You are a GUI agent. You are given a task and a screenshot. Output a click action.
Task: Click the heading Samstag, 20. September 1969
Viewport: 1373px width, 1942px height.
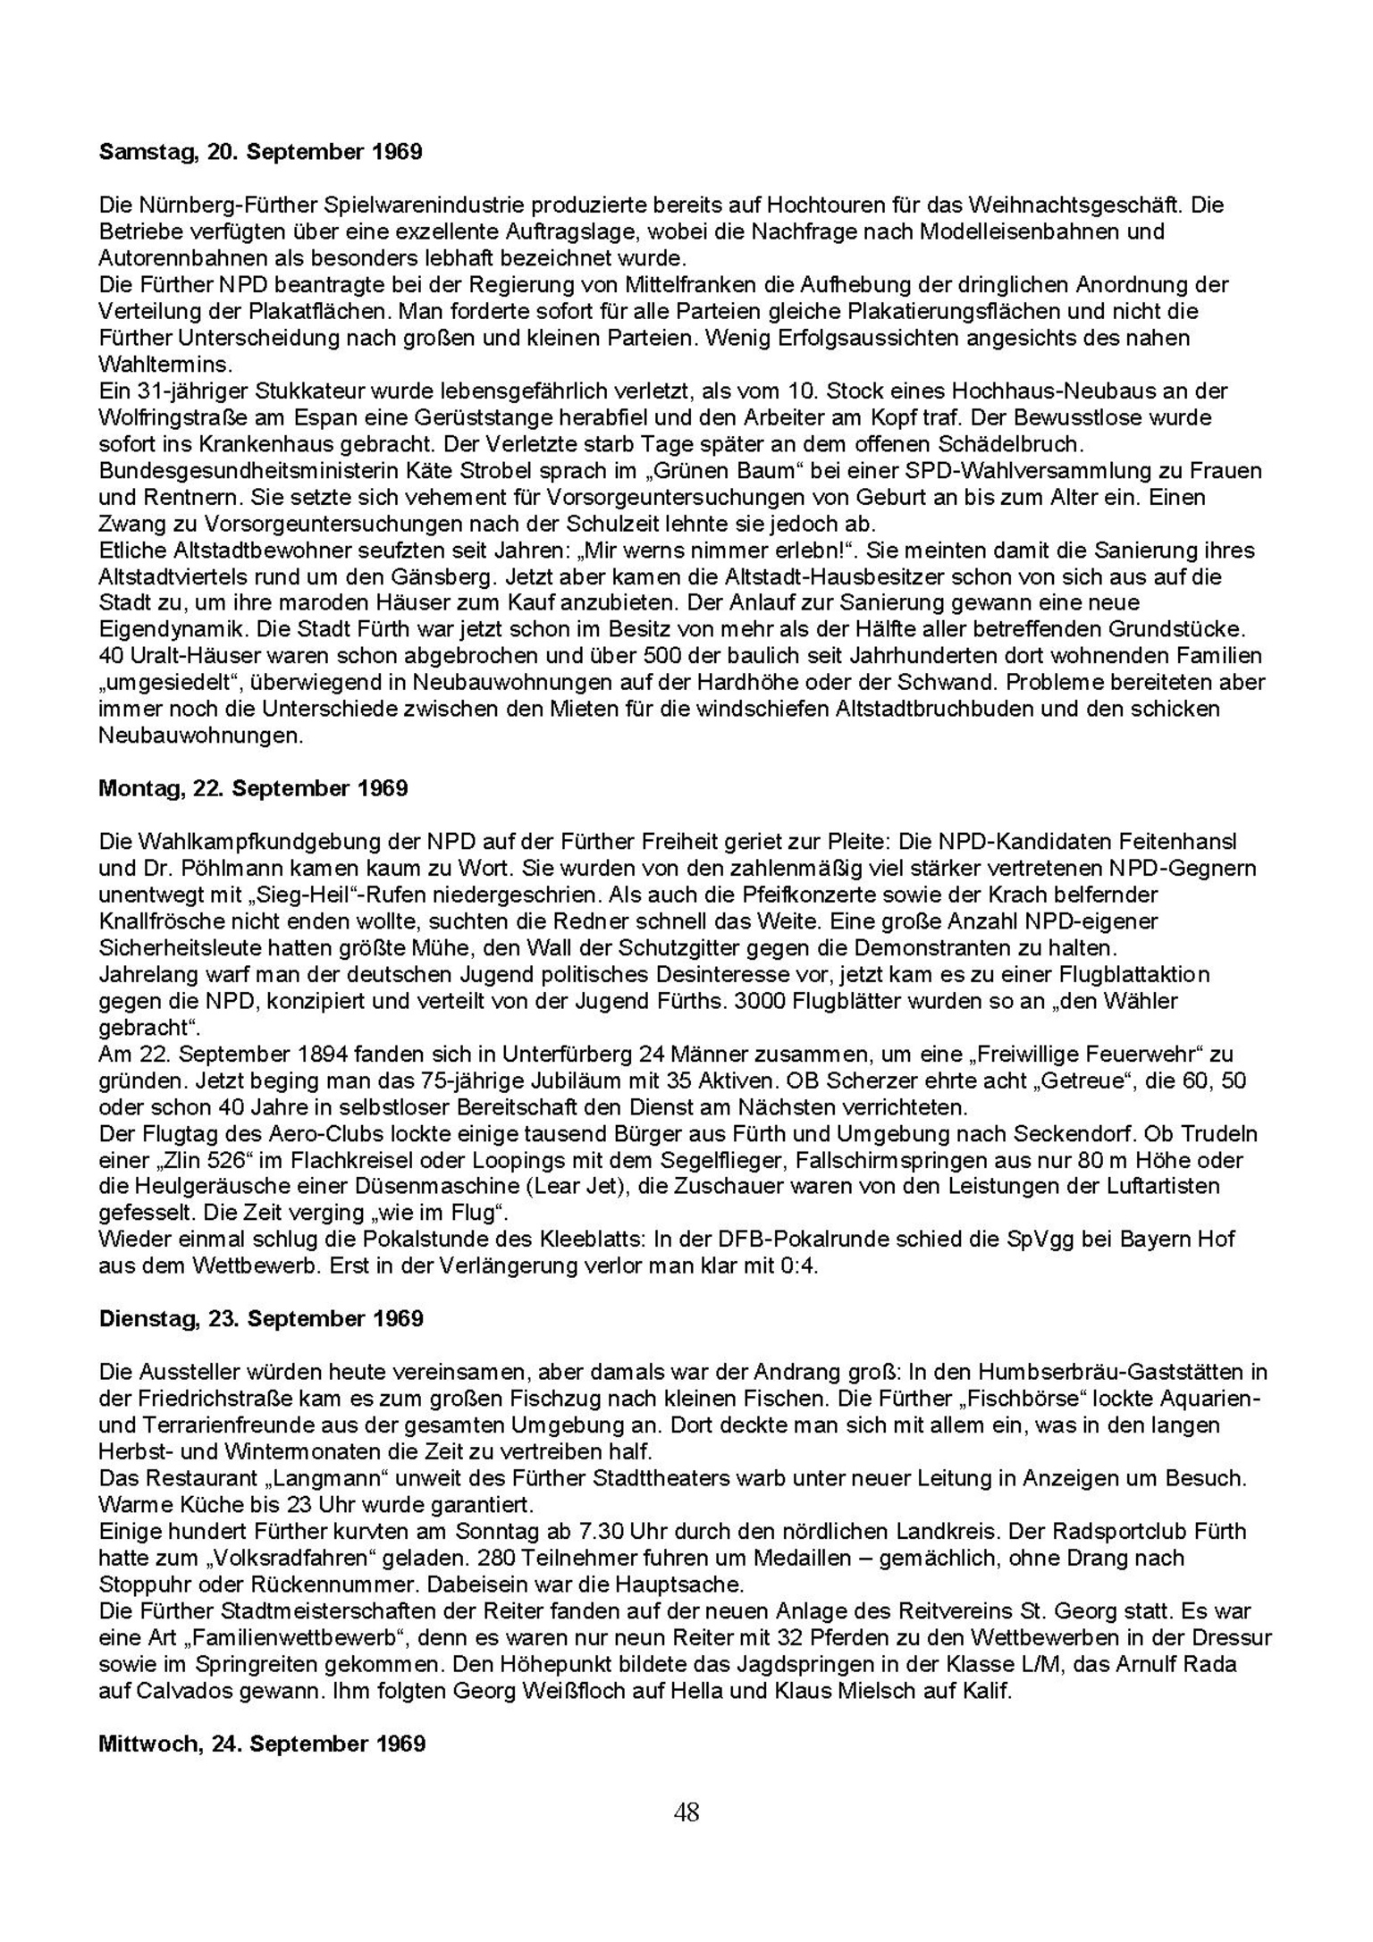(260, 152)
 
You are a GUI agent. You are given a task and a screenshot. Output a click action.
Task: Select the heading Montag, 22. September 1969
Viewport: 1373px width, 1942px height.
(253, 788)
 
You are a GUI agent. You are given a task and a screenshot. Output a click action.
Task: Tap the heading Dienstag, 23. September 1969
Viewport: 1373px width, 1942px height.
(261, 1318)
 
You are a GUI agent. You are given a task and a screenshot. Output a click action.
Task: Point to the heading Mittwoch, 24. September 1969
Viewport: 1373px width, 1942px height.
(262, 1744)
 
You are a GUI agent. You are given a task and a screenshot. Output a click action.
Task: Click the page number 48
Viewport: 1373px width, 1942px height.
(686, 1812)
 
